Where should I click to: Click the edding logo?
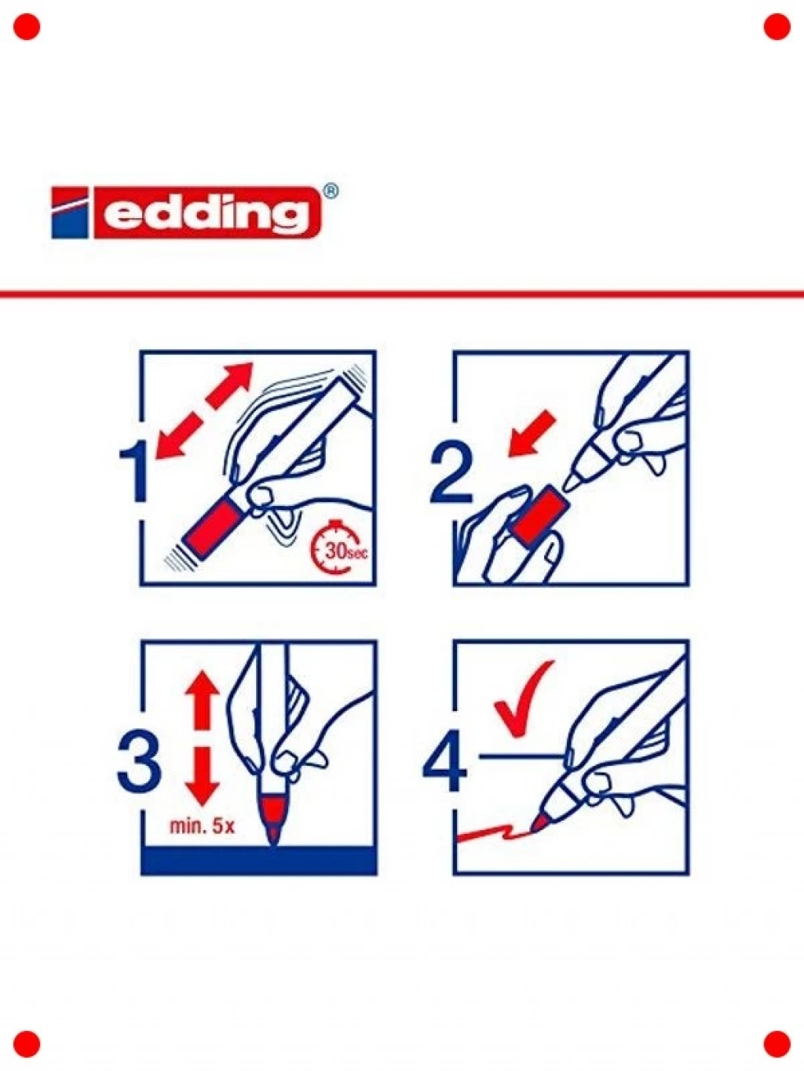click(187, 213)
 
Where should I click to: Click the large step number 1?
click(133, 471)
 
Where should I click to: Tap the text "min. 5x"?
click(202, 826)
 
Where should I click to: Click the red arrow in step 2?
click(532, 434)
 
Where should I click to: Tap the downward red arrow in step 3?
click(202, 776)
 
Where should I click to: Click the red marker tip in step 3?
click(273, 818)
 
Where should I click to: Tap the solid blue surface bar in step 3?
click(259, 860)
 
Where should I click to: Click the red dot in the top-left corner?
click(27, 27)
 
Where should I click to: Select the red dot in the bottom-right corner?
click(777, 1044)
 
